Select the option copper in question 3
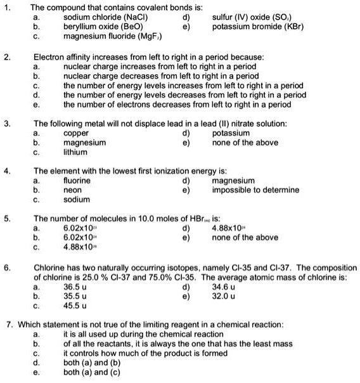point(77,134)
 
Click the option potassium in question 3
point(231,134)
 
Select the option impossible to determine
point(255,190)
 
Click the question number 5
point(6,219)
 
